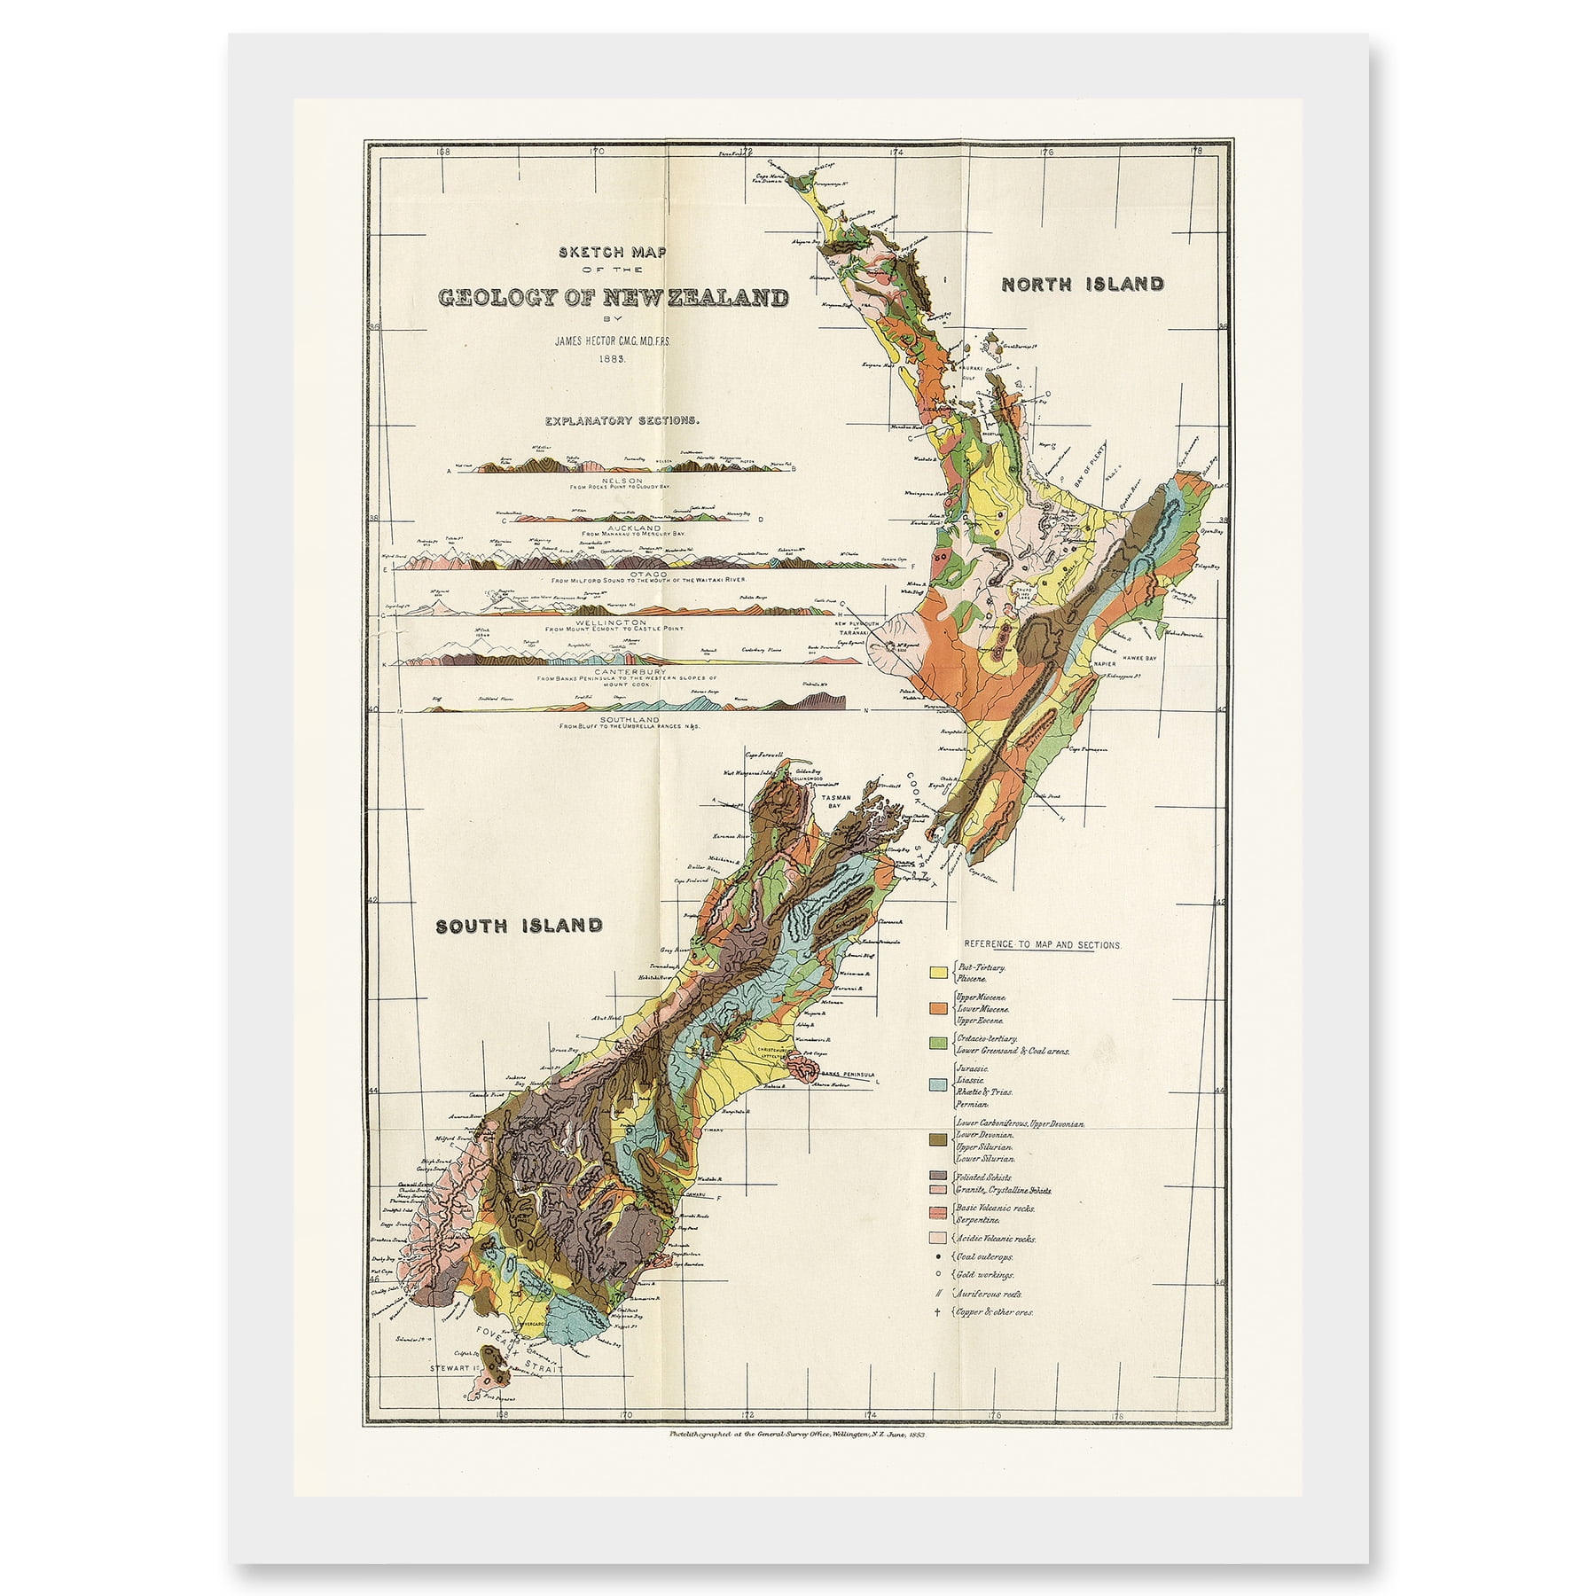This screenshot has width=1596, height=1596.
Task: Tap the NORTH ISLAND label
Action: tap(1082, 285)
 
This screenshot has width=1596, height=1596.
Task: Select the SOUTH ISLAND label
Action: tap(519, 926)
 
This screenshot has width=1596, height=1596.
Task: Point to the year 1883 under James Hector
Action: tap(612, 359)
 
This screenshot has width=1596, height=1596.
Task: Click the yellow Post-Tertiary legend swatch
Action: tap(938, 973)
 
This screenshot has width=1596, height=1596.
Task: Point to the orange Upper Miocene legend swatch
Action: tap(938, 1009)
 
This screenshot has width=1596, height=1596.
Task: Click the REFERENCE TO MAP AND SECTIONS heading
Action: tap(1043, 945)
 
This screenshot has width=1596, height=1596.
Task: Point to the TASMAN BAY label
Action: tap(837, 802)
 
